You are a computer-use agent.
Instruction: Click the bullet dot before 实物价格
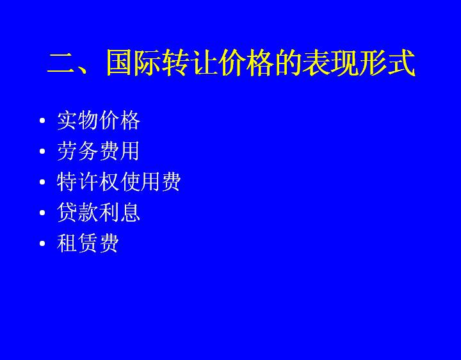pos(42,120)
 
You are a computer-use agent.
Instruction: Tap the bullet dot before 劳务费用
pos(42,151)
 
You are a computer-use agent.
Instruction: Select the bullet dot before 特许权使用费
pos(42,182)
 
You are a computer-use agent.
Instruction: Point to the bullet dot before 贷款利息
pos(42,213)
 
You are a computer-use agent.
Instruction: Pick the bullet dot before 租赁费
pos(42,243)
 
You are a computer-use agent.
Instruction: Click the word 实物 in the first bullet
pos(77,120)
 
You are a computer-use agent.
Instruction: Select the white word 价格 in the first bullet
pos(119,120)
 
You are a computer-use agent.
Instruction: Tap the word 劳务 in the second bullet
pos(77,151)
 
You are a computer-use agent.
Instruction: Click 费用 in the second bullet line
pos(119,151)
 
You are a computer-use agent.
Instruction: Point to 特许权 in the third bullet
pos(88,182)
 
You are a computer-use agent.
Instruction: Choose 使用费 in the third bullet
pos(150,182)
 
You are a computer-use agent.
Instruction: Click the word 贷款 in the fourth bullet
pos(77,213)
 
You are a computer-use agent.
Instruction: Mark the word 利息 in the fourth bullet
pos(119,213)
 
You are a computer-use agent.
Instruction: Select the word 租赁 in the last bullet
pos(77,243)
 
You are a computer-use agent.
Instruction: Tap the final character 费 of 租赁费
pos(109,243)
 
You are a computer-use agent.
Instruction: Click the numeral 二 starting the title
pos(61,63)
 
